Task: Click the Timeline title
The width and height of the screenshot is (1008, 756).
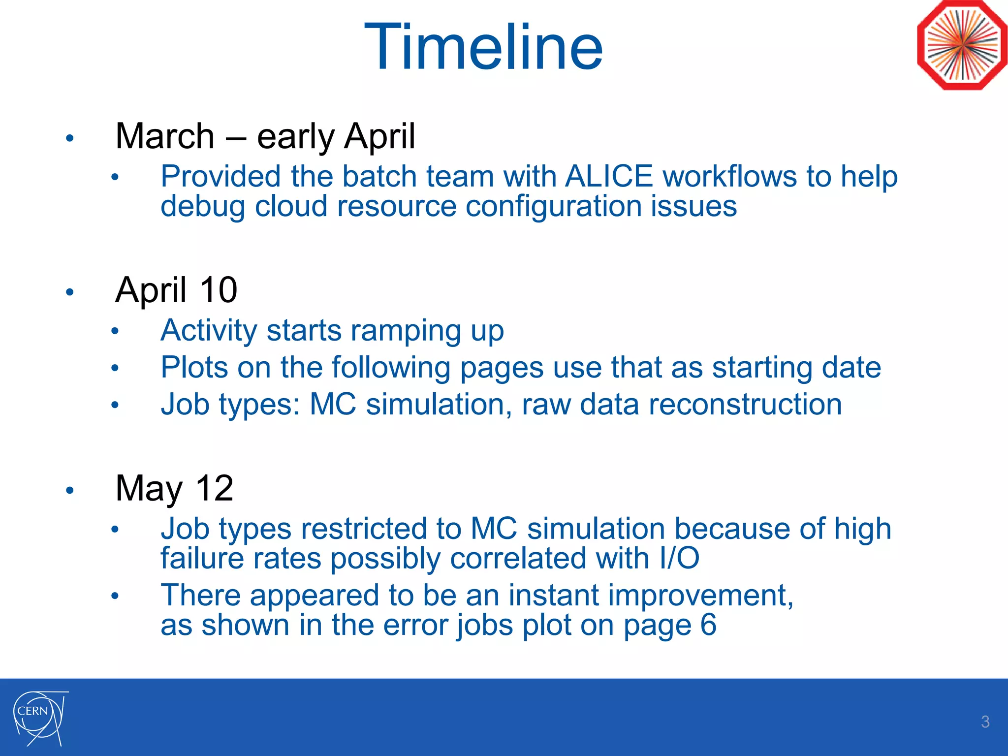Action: click(x=483, y=47)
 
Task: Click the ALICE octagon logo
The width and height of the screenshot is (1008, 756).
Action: click(x=962, y=45)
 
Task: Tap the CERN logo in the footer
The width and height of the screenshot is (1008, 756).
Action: click(x=39, y=718)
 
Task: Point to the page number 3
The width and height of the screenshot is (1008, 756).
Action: click(x=985, y=722)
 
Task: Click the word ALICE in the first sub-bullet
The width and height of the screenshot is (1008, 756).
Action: click(x=609, y=176)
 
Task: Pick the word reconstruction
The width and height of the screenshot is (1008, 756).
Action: click(x=745, y=405)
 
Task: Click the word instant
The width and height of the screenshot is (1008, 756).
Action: click(x=553, y=595)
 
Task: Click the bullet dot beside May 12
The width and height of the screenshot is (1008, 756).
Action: click(x=70, y=490)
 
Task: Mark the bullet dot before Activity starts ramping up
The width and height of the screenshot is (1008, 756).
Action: click(x=115, y=331)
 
